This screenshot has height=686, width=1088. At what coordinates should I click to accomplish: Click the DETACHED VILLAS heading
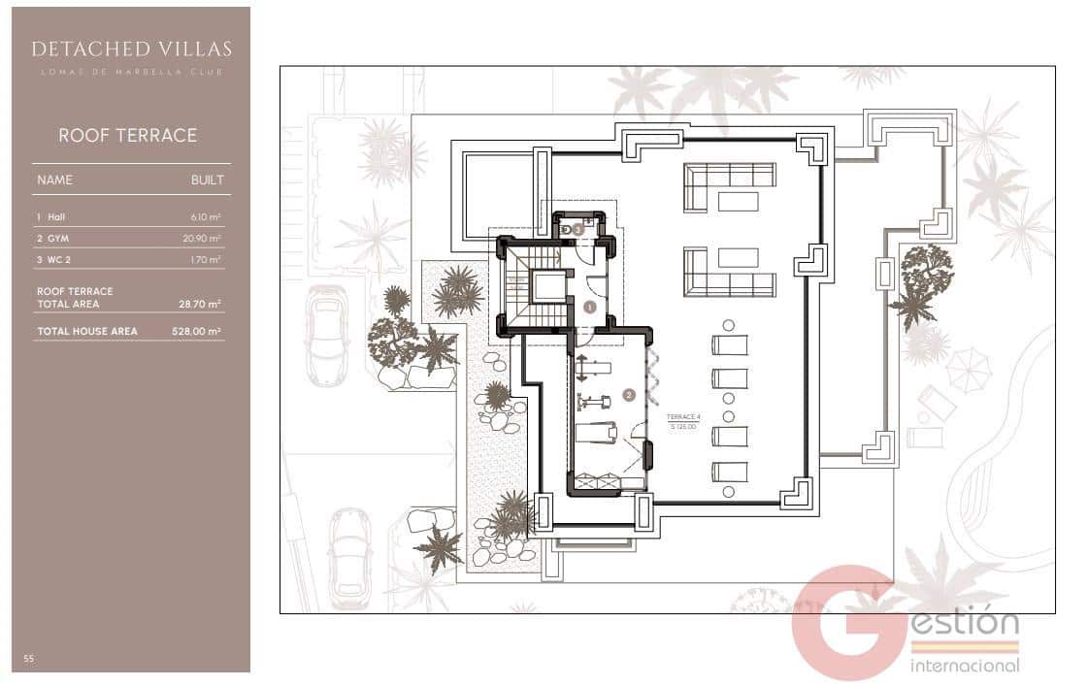[131, 49]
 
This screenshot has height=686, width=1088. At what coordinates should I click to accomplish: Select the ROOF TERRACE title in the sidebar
[127, 136]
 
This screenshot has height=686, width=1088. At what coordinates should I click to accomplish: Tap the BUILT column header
[207, 180]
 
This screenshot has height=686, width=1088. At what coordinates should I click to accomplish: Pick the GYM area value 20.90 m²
[205, 239]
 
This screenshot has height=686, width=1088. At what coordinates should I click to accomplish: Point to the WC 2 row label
[50, 259]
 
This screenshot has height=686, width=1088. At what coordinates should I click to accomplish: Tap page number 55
[29, 659]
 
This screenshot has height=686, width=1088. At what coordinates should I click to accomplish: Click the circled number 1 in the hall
[590, 307]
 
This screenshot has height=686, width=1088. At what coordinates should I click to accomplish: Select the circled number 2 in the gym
[629, 395]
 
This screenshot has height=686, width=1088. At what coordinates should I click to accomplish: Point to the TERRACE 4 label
[683, 417]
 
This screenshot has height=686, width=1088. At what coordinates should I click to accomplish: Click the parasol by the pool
[968, 369]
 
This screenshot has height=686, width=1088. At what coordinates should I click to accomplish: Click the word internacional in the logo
[965, 666]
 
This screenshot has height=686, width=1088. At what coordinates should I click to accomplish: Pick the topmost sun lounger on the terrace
[730, 344]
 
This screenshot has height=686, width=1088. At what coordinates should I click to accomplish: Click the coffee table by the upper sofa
[738, 200]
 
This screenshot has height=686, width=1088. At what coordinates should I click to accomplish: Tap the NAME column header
[54, 180]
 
